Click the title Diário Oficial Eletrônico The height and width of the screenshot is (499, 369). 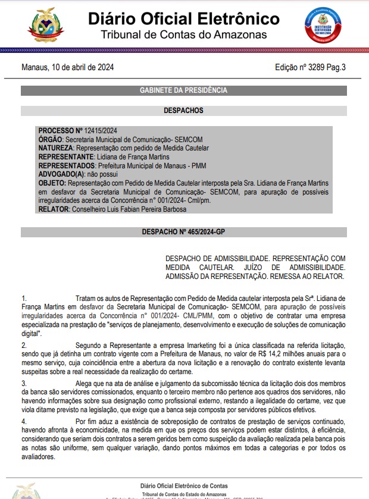183,18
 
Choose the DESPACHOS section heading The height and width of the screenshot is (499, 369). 183,111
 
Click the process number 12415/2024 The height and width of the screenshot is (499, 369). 101,130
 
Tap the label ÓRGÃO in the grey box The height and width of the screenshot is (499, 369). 50,139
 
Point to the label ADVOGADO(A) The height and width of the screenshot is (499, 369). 61,174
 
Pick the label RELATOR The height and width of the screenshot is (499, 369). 54,209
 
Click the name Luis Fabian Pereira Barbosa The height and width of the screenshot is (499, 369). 139,209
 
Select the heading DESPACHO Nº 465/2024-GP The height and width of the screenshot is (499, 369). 183,231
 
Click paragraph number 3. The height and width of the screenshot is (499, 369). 24,384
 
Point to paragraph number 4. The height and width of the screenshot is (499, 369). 24,422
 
